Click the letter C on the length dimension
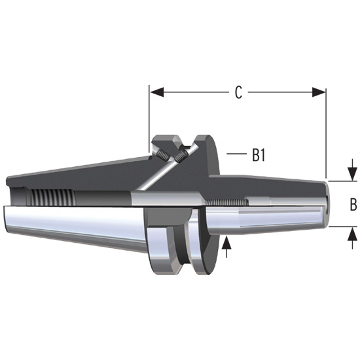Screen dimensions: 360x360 click(x=239, y=92)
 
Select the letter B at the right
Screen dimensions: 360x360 click(x=353, y=205)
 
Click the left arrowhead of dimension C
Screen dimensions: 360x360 click(x=155, y=92)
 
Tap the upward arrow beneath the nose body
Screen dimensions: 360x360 click(x=227, y=246)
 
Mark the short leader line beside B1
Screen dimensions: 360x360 click(x=235, y=154)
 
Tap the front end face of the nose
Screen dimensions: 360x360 click(x=325, y=202)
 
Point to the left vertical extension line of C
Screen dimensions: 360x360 click(x=149, y=118)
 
